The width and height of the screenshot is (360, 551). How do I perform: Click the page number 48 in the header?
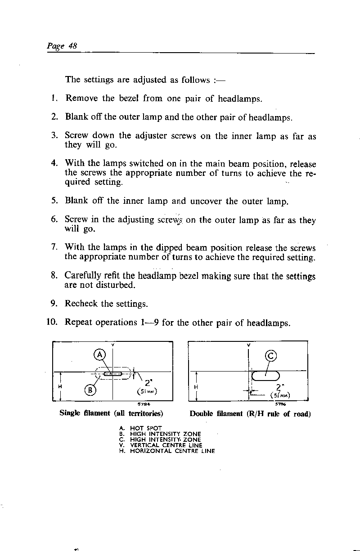tap(73, 46)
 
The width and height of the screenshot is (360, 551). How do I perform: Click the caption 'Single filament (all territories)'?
tap(111, 413)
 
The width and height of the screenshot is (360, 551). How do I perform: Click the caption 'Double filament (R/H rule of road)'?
tap(250, 413)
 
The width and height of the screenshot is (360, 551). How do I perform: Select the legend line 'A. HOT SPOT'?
tap(136, 429)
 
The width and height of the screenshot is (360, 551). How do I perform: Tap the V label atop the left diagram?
tap(112, 345)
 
